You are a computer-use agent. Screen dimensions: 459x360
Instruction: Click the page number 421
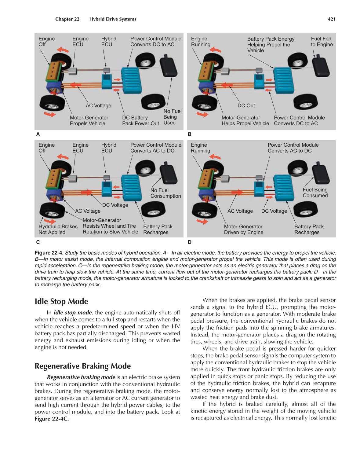(x=331, y=19)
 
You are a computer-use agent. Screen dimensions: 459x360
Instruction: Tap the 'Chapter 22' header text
(x=67, y=19)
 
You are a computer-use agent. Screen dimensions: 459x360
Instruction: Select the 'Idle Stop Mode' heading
(x=61, y=301)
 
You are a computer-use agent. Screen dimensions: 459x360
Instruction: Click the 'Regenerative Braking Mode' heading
(x=82, y=366)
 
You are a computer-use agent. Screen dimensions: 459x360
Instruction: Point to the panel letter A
(x=38, y=134)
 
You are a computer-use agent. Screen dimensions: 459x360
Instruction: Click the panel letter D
(x=190, y=242)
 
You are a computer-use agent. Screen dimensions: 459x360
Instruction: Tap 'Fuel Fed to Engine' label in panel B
(x=322, y=42)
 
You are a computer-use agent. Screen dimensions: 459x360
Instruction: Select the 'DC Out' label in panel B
(x=246, y=105)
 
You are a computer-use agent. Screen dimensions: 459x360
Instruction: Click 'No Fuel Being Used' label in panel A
(x=172, y=117)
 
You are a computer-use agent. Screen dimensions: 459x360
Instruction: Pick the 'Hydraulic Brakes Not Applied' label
(x=58, y=229)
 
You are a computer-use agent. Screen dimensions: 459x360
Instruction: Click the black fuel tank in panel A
(x=168, y=66)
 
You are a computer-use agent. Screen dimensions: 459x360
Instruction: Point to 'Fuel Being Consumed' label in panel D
(x=315, y=193)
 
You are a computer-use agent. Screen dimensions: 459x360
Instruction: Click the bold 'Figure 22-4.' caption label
(x=49, y=253)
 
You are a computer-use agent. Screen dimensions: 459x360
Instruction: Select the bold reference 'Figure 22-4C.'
(x=52, y=419)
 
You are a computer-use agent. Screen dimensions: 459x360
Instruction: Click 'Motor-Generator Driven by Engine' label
(x=243, y=229)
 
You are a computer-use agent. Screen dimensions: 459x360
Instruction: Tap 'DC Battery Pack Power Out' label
(x=140, y=120)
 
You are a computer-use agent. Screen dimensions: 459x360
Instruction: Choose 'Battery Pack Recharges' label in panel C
(x=158, y=229)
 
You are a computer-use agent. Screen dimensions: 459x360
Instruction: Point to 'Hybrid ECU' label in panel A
(x=109, y=42)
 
